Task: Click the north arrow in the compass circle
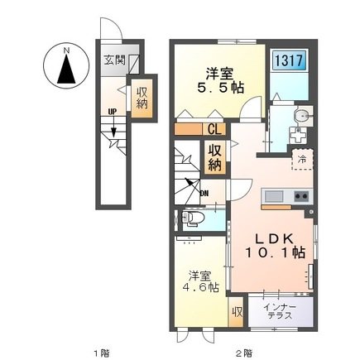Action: click(x=66, y=69)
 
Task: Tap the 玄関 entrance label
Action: click(x=115, y=60)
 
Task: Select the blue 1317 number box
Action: click(x=290, y=61)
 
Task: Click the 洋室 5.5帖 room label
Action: click(x=220, y=80)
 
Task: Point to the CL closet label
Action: click(x=214, y=129)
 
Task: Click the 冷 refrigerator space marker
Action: click(x=303, y=159)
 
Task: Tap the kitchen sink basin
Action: click(x=274, y=196)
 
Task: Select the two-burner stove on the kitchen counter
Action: click(x=301, y=196)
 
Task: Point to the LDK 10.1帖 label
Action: click(x=275, y=246)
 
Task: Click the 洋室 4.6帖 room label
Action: click(x=200, y=281)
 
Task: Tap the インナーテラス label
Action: click(x=280, y=311)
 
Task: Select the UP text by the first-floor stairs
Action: click(x=113, y=112)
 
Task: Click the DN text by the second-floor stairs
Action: click(x=204, y=194)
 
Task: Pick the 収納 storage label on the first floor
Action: click(x=142, y=98)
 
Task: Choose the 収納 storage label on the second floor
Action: click(x=214, y=157)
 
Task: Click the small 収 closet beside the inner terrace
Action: click(x=237, y=312)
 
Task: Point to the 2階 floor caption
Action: click(x=244, y=353)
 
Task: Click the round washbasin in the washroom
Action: click(x=300, y=116)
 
